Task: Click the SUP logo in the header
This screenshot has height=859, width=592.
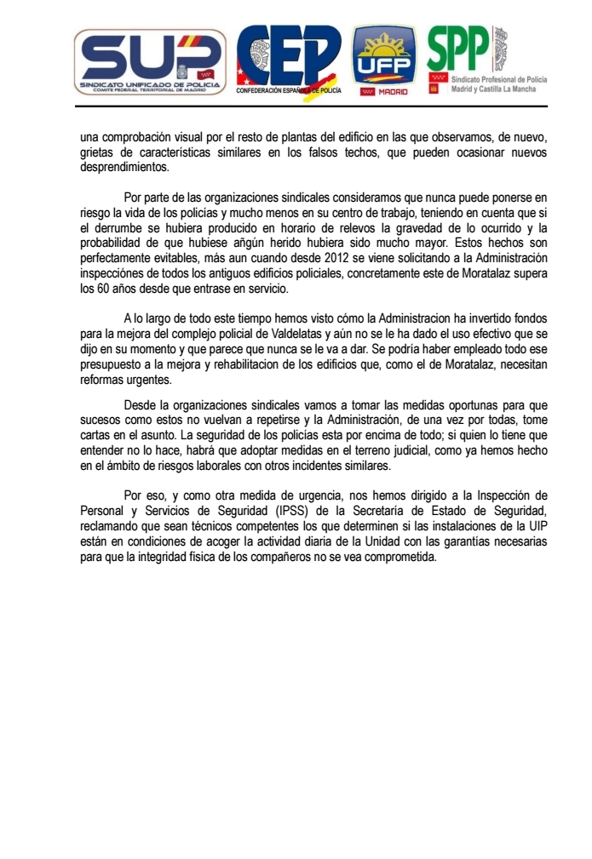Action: [x=150, y=61]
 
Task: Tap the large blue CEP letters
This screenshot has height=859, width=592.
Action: [x=288, y=54]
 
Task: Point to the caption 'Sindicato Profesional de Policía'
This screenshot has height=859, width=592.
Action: [x=498, y=78]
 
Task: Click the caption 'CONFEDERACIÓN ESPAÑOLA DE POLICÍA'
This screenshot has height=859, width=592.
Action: [x=288, y=89]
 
